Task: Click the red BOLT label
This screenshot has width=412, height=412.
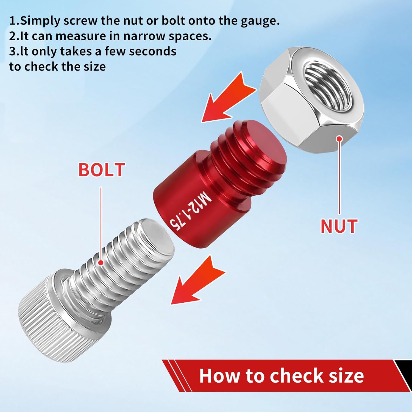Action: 102,170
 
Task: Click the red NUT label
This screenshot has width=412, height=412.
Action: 339,226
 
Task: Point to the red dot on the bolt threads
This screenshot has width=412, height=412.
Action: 101,263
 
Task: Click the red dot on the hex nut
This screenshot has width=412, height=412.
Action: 339,139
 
